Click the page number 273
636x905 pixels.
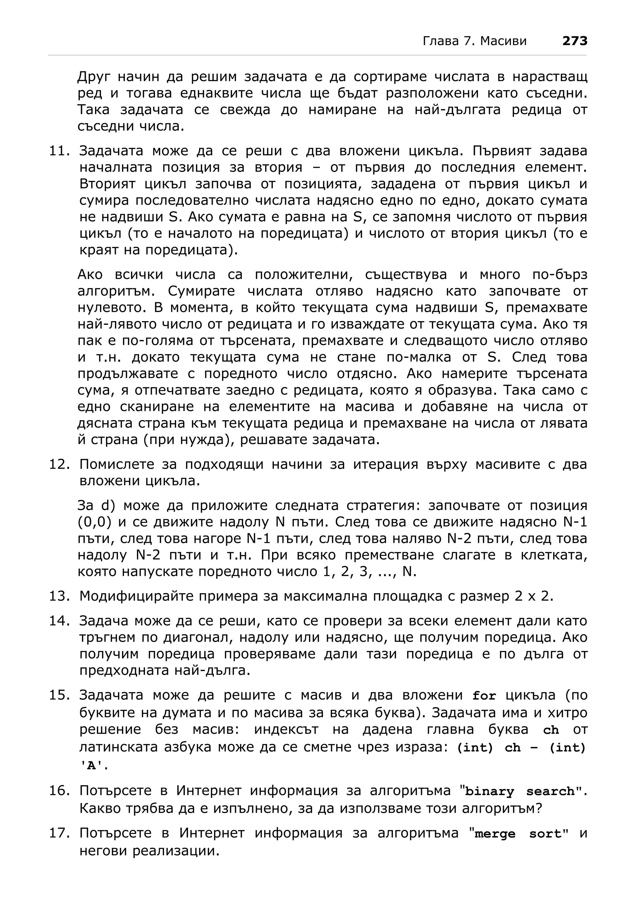pos(575,41)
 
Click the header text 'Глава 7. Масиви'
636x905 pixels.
pos(475,41)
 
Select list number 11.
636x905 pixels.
pos(59,151)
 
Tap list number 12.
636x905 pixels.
pos(59,464)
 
